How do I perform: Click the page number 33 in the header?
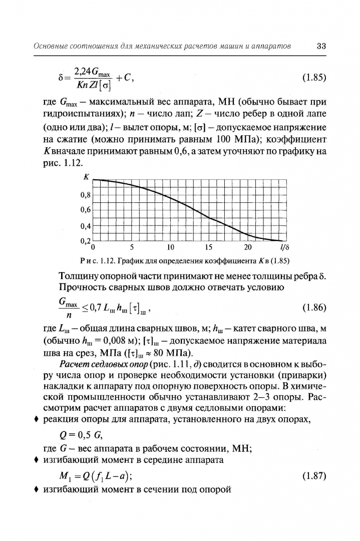[321, 46]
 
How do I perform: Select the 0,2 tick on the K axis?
[86, 241]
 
